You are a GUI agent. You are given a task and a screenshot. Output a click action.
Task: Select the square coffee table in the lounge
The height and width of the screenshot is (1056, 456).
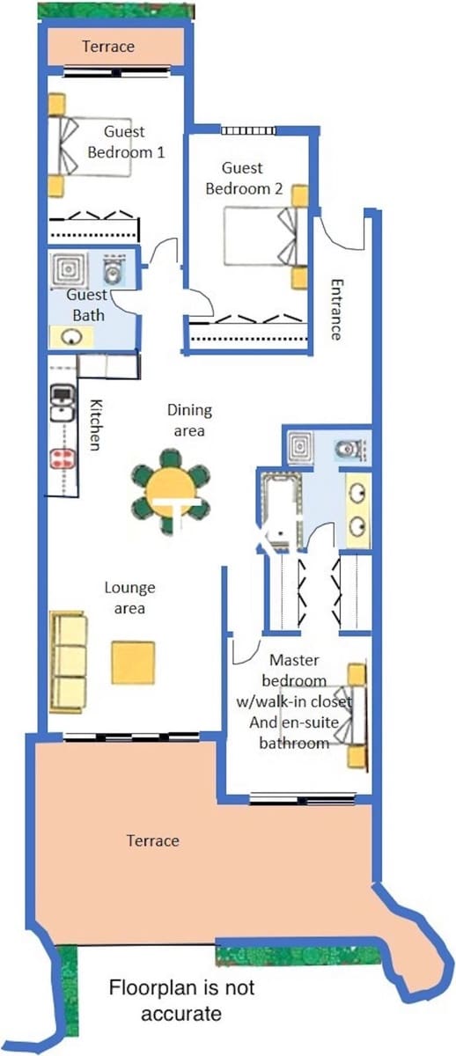pyautogui.click(x=133, y=663)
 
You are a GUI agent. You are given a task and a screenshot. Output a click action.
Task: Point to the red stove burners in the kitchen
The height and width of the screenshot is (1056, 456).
pyautogui.click(x=62, y=458)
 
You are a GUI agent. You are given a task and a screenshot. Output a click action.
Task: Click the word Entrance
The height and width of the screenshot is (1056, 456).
pyautogui.click(x=335, y=309)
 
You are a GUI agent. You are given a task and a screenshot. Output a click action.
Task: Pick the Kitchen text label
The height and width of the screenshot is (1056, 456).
pyautogui.click(x=96, y=424)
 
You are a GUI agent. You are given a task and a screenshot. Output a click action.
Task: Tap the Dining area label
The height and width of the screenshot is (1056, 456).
pyautogui.click(x=189, y=420)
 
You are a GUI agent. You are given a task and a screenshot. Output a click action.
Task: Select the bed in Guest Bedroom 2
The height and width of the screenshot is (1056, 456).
pyautogui.click(x=262, y=235)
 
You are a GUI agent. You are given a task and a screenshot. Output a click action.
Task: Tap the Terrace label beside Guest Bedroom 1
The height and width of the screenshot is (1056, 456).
pyautogui.click(x=108, y=47)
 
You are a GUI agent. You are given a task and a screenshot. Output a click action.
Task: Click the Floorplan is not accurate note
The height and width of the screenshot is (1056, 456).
pyautogui.click(x=181, y=1001)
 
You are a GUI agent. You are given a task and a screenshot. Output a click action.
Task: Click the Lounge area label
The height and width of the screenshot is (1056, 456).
pyautogui.click(x=129, y=598)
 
